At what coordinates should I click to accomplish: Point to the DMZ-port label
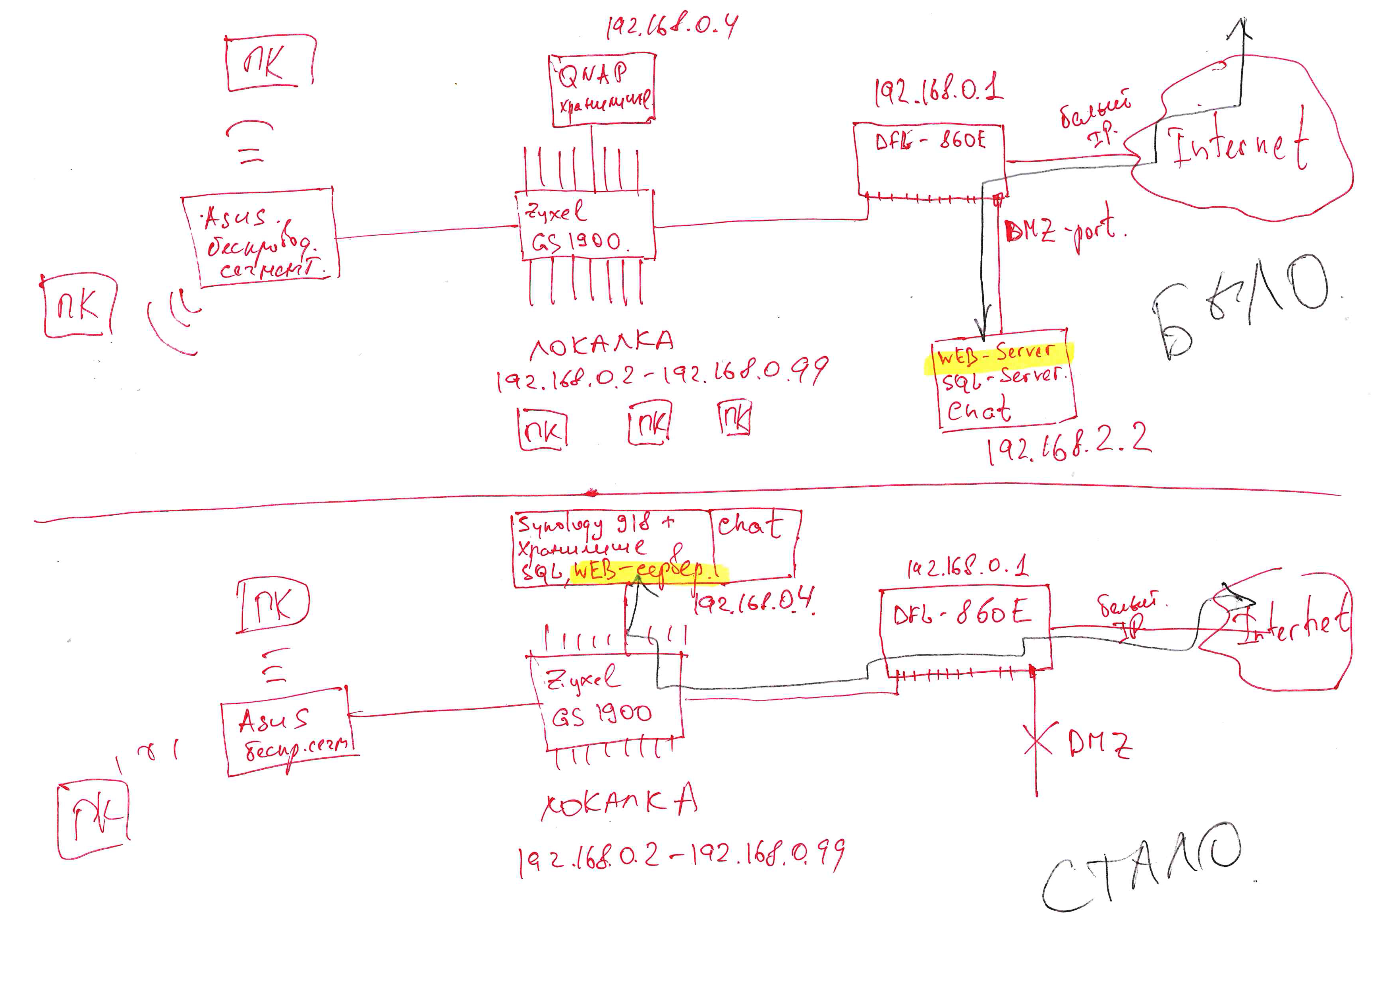click(1063, 231)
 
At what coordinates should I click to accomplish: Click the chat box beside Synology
click(754, 542)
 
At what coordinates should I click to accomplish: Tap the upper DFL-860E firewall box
click(931, 159)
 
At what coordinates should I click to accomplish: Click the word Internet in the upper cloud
click(1238, 146)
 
